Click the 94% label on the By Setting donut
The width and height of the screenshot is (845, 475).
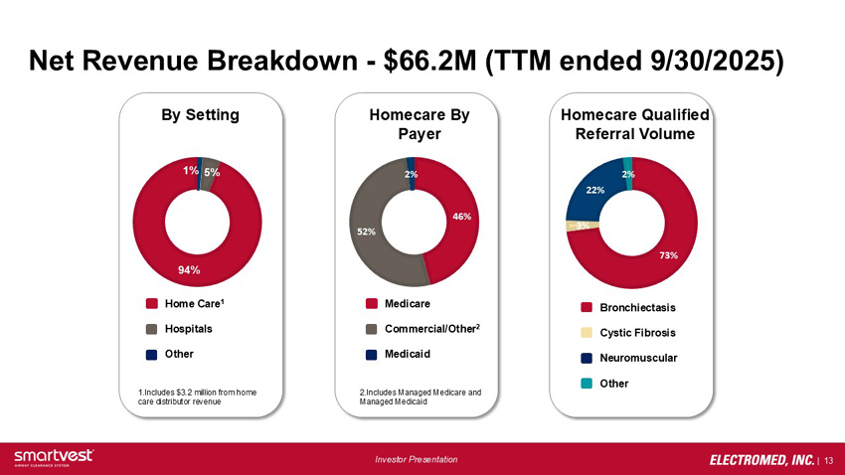(189, 269)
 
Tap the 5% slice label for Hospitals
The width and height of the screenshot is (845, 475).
(212, 172)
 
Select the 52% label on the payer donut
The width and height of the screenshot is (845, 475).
(366, 232)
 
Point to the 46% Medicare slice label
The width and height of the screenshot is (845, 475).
(461, 215)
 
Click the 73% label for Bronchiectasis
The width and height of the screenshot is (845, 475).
(669, 255)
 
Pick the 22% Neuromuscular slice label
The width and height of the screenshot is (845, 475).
(595, 189)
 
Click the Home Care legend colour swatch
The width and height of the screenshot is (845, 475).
(151, 303)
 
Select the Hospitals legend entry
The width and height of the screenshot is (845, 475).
(188, 328)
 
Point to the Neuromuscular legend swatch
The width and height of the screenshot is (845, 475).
(587, 357)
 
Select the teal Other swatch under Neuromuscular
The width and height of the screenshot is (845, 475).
(587, 383)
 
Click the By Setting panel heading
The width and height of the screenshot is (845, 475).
(200, 114)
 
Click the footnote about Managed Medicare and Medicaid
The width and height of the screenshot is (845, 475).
(420, 397)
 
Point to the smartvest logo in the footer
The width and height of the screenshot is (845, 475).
(54, 455)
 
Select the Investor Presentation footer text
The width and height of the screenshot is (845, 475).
(417, 459)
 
